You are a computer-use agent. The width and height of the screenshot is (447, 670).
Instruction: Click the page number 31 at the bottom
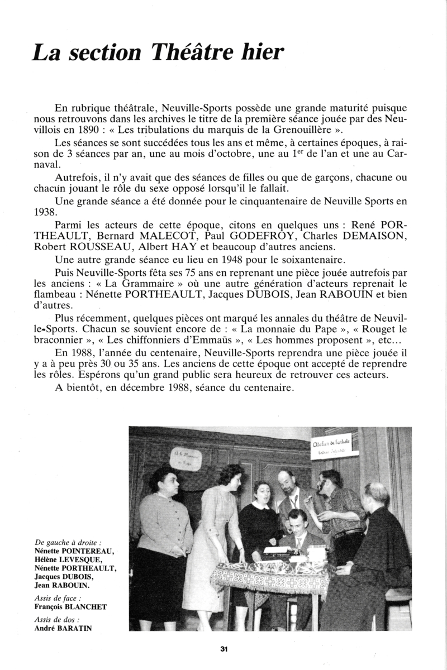(x=223, y=649)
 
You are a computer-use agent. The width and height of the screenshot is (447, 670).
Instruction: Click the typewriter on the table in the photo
(x=282, y=552)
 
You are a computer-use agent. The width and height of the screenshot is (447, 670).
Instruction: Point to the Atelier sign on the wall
(x=331, y=445)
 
